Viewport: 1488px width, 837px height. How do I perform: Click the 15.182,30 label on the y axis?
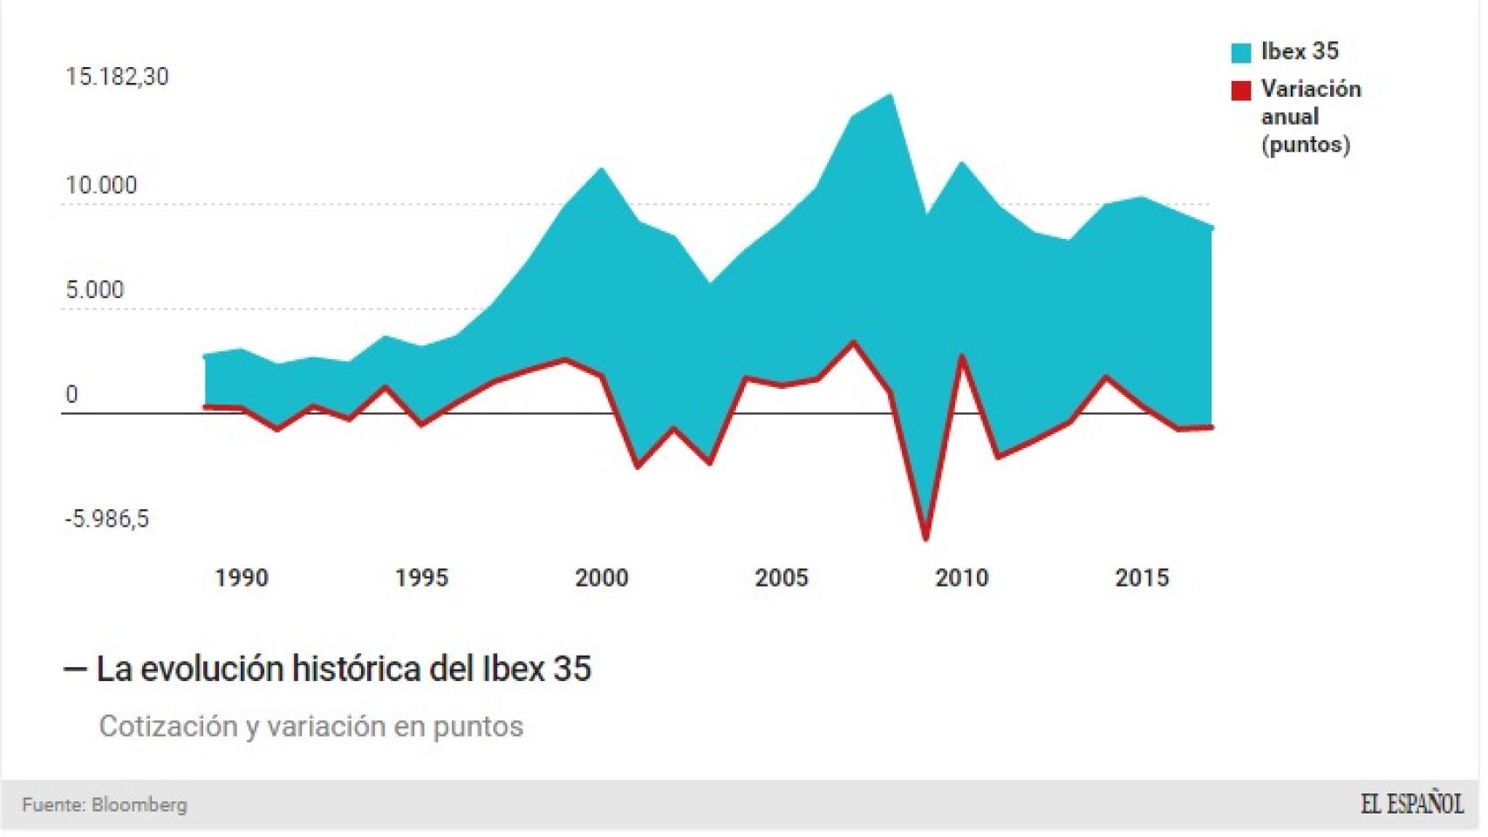[117, 77]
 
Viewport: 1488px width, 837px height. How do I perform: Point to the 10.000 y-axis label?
[101, 186]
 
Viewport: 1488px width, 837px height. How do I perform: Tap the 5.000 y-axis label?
[94, 289]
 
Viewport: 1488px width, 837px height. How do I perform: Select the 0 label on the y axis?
[72, 395]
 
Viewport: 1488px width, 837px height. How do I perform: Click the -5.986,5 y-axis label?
[106, 520]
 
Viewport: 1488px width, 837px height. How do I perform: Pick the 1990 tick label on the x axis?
[242, 578]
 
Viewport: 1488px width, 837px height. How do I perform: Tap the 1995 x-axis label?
[421, 578]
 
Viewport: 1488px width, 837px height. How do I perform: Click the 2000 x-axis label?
[601, 578]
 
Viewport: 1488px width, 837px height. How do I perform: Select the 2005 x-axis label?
[782, 578]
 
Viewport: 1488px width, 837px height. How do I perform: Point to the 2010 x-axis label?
[961, 578]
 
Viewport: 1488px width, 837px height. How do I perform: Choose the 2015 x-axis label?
[1142, 578]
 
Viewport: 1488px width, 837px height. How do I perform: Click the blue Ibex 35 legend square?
[1240, 52]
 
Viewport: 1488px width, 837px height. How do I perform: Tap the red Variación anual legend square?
[1240, 91]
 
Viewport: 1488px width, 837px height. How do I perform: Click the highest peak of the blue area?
[890, 95]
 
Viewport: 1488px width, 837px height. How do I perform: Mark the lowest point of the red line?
[925, 538]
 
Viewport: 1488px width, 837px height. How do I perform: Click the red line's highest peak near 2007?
[853, 343]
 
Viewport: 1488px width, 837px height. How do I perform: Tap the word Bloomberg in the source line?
[139, 805]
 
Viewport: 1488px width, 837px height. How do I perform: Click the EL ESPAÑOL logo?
[1411, 804]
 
